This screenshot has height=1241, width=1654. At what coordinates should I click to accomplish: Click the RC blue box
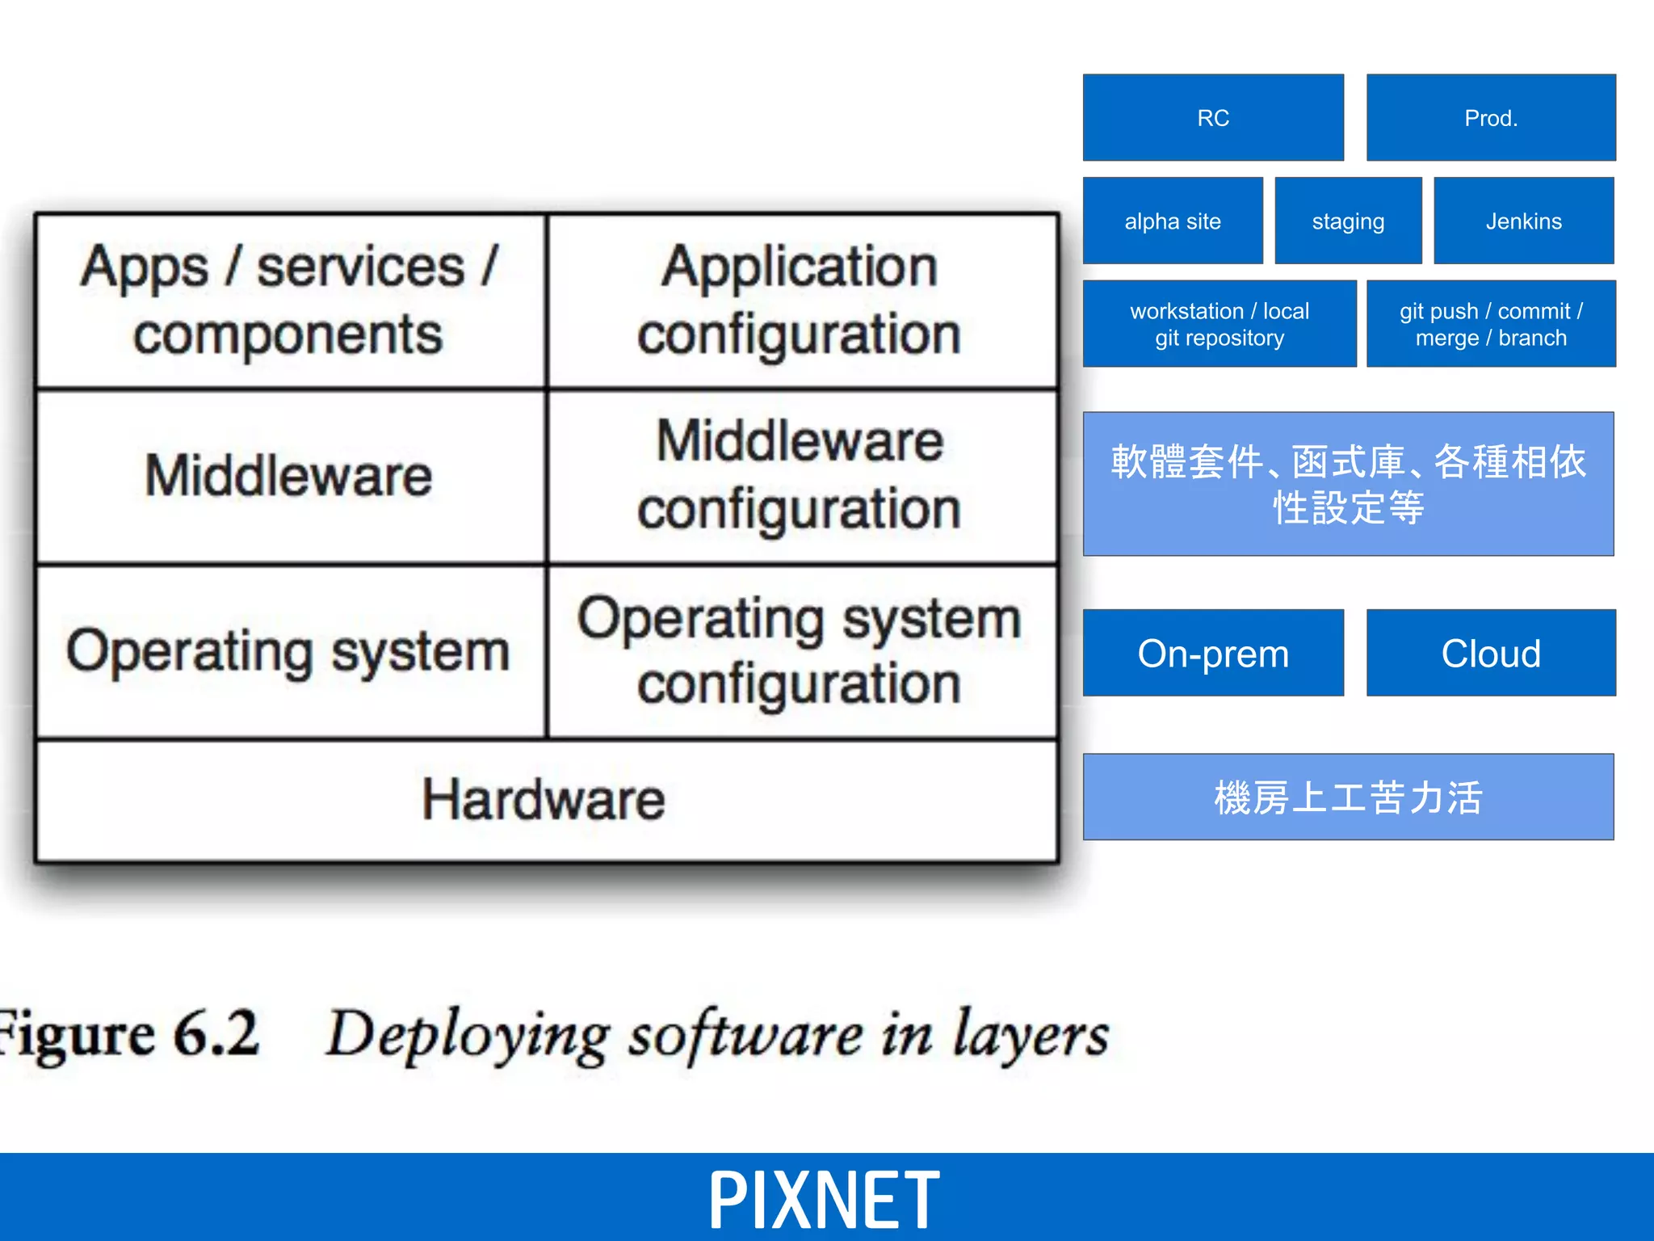(x=1213, y=118)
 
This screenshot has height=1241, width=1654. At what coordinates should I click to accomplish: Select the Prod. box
(x=1491, y=118)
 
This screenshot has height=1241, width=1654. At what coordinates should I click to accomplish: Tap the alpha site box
(x=1173, y=221)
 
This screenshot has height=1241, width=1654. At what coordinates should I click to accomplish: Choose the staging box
(x=1348, y=221)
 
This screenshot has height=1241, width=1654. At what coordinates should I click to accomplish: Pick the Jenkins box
(x=1523, y=221)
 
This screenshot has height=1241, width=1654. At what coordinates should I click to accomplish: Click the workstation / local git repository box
(x=1220, y=324)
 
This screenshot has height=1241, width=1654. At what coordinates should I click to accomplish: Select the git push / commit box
(x=1491, y=324)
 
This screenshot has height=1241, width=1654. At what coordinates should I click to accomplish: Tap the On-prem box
(x=1213, y=653)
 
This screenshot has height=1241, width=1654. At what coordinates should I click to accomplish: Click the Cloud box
(x=1491, y=653)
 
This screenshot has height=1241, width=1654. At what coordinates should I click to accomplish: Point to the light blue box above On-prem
(x=1348, y=484)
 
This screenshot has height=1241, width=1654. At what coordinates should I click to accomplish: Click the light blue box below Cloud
(x=1348, y=797)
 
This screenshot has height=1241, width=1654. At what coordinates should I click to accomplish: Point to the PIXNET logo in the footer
(x=824, y=1200)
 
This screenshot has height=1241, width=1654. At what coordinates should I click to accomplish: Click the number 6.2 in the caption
(x=216, y=1033)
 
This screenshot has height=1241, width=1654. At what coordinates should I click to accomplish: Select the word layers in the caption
(x=1031, y=1035)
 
